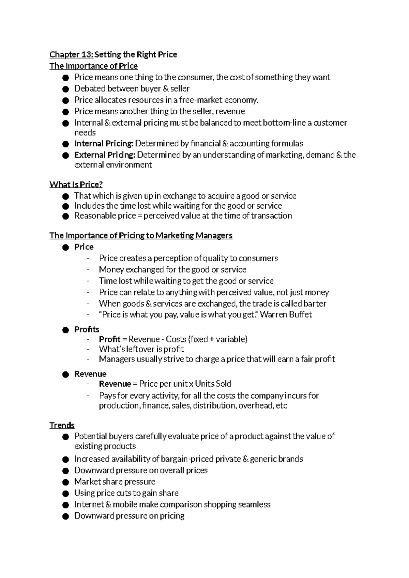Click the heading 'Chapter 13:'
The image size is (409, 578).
tap(71, 54)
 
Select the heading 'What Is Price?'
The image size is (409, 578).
tap(76, 184)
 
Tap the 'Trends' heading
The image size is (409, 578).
tap(62, 425)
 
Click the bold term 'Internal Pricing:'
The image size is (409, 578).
tap(104, 144)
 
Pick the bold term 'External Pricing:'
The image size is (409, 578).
tap(105, 155)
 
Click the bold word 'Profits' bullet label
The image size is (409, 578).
tap(87, 330)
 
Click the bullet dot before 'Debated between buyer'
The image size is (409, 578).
tap(66, 89)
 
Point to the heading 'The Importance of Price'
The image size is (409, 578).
tap(93, 66)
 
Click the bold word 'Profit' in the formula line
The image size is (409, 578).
tap(109, 339)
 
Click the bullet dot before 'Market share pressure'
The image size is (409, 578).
tap(66, 482)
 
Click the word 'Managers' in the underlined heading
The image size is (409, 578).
tap(214, 236)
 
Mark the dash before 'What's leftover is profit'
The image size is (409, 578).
tap(89, 349)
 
